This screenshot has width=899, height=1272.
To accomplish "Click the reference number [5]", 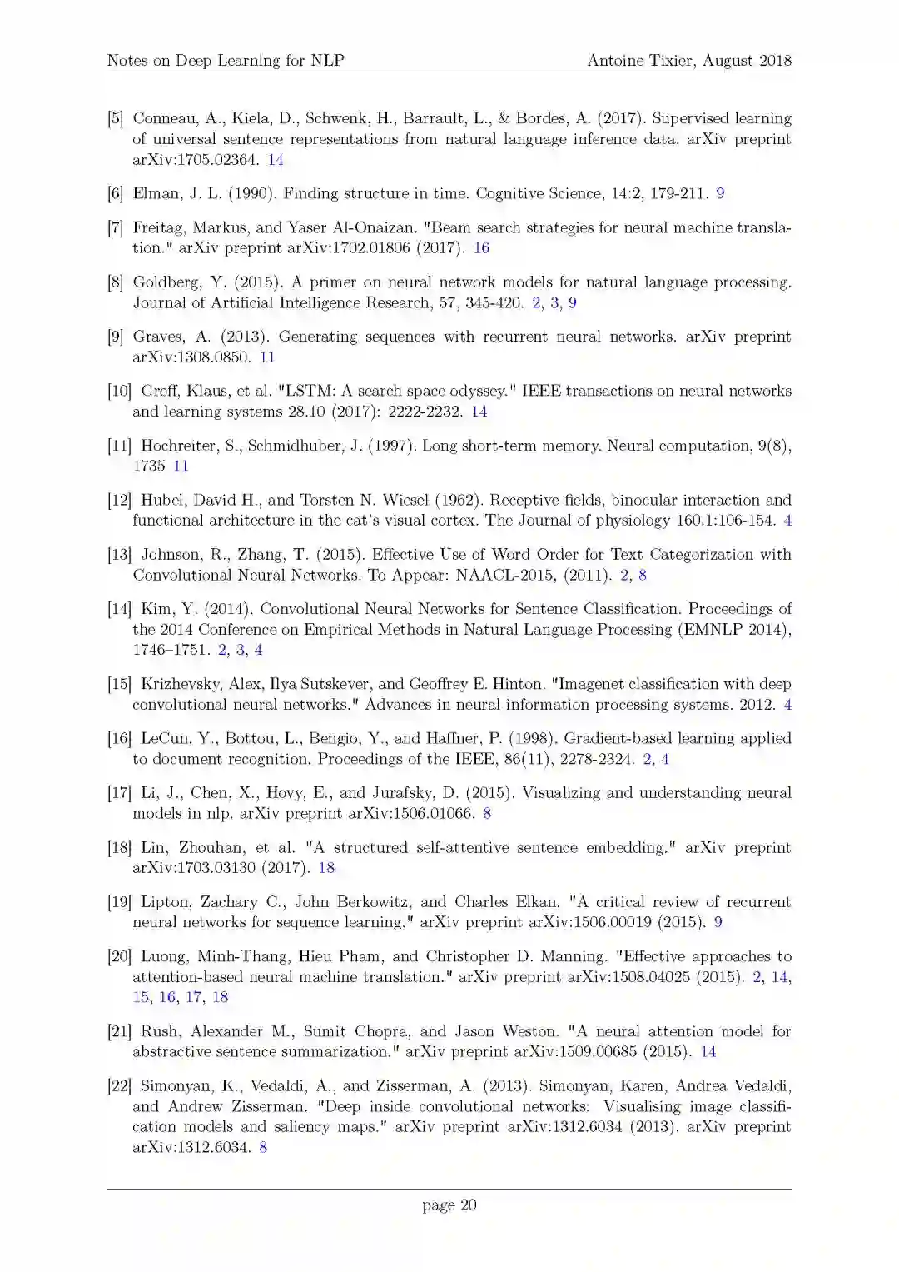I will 115,118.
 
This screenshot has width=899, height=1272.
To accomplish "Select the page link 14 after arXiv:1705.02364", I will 276,160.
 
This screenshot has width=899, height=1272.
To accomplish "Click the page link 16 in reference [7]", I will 481,247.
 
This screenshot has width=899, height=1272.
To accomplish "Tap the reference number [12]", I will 119,501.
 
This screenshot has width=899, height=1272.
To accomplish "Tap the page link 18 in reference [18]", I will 326,868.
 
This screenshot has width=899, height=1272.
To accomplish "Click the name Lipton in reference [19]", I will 164,902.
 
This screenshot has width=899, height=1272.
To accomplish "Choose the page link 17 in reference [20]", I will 194,997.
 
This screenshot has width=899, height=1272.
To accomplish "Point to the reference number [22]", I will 119,1086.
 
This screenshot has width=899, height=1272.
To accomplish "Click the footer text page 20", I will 449,1205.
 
